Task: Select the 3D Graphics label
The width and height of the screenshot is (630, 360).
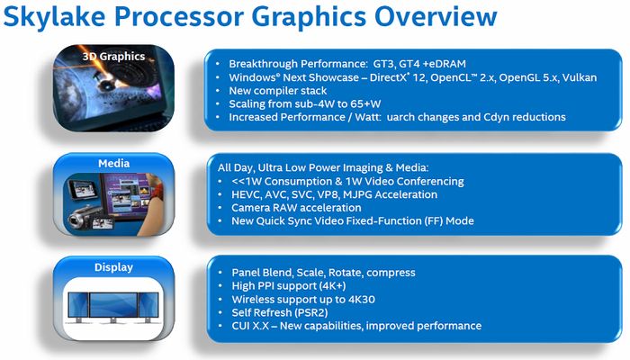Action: [x=113, y=56]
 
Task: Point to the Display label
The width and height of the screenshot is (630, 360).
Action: [x=113, y=267]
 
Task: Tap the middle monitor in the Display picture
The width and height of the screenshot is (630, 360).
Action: [x=113, y=305]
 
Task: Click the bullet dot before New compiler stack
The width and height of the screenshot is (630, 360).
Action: [x=220, y=90]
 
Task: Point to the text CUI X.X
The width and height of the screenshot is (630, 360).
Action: [x=252, y=326]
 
